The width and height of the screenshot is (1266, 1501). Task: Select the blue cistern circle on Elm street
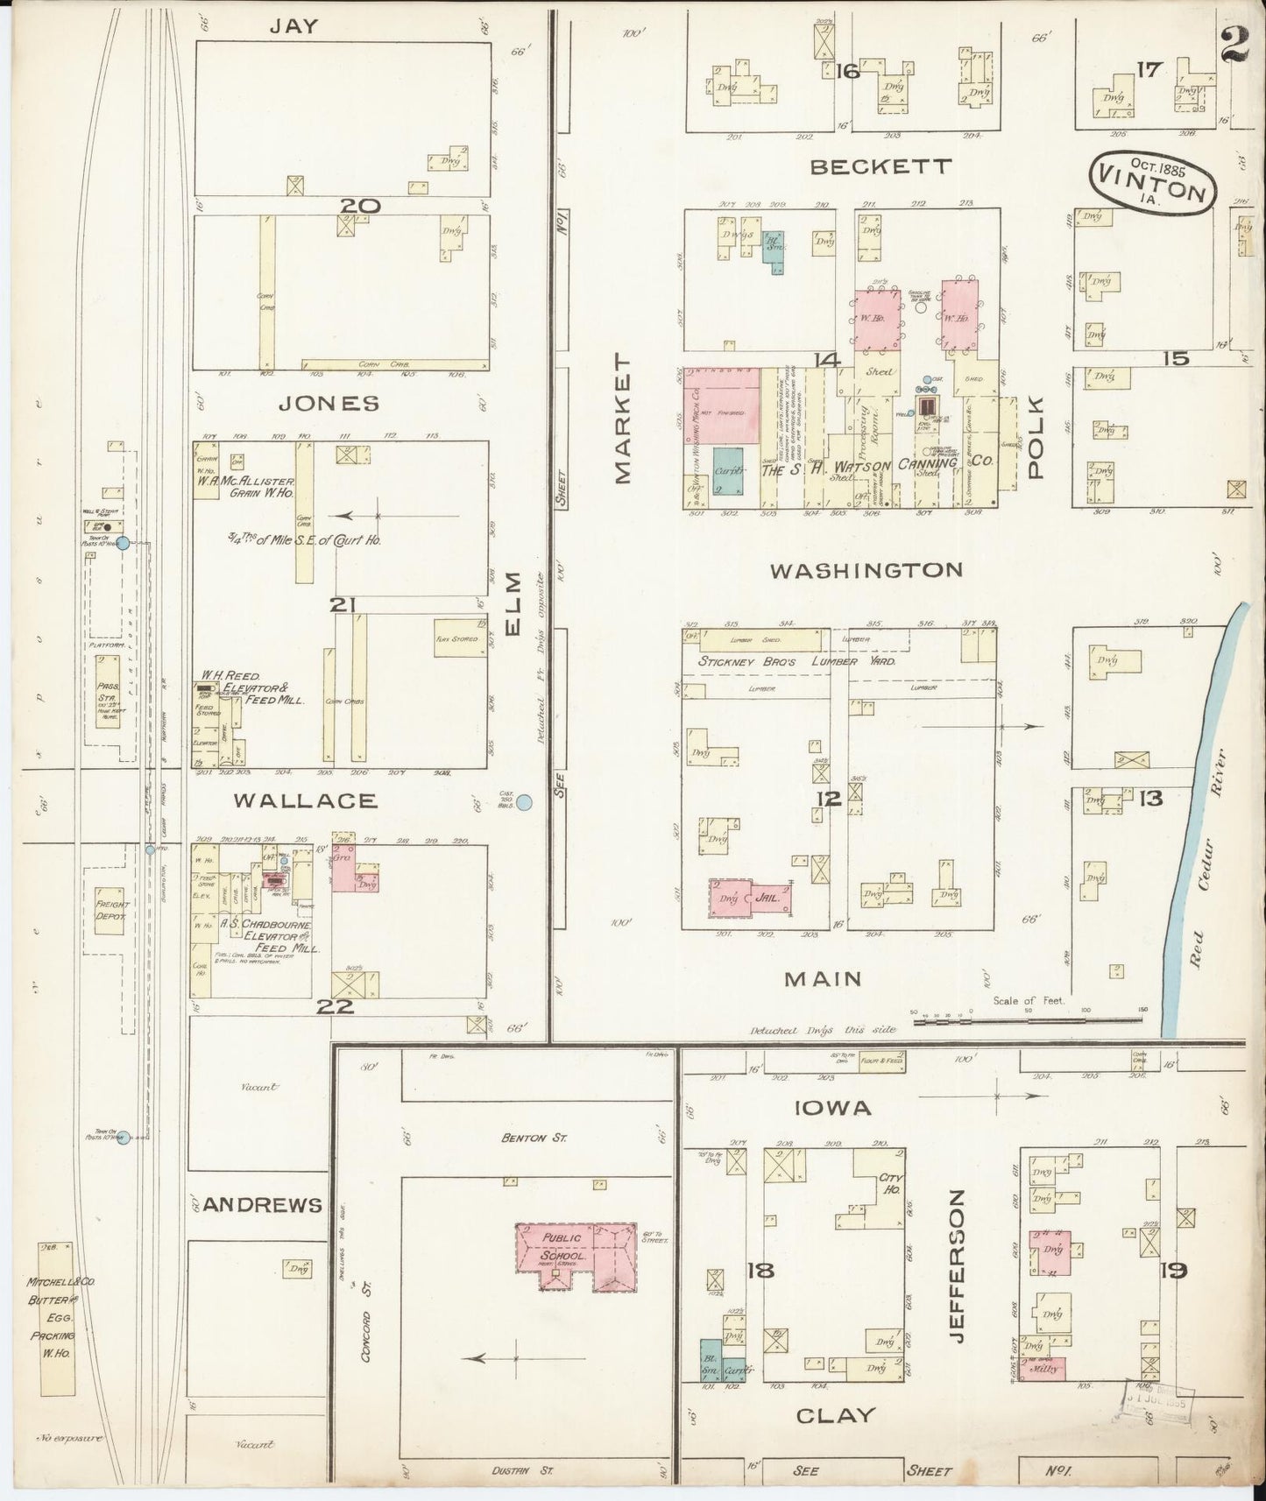[x=525, y=801]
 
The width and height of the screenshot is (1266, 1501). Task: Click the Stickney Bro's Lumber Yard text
[x=796, y=663]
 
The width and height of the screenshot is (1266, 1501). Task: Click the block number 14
[x=826, y=360]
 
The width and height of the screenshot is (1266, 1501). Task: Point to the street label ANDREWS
[x=263, y=1205]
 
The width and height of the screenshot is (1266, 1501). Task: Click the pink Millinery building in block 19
[x=1044, y=1367]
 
